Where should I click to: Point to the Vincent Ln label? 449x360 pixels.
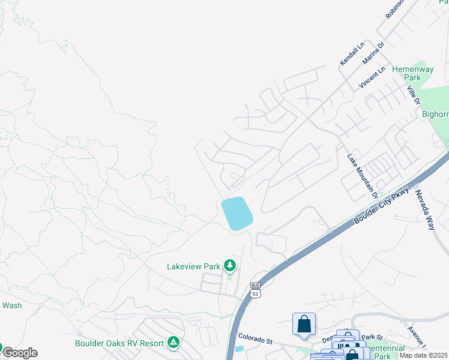[372, 78]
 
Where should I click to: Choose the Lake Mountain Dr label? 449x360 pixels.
[363, 176]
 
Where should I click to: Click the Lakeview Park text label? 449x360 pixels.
[193, 266]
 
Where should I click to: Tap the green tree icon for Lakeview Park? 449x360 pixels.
[229, 265]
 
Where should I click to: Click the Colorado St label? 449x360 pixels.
[255, 338]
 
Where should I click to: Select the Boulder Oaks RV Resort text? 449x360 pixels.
[119, 343]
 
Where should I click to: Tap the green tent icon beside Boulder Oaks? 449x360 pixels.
[173, 343]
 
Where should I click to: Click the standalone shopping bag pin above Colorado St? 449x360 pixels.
[304, 324]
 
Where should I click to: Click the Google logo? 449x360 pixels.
[20, 353]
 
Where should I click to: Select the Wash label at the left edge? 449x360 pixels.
[12, 305]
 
